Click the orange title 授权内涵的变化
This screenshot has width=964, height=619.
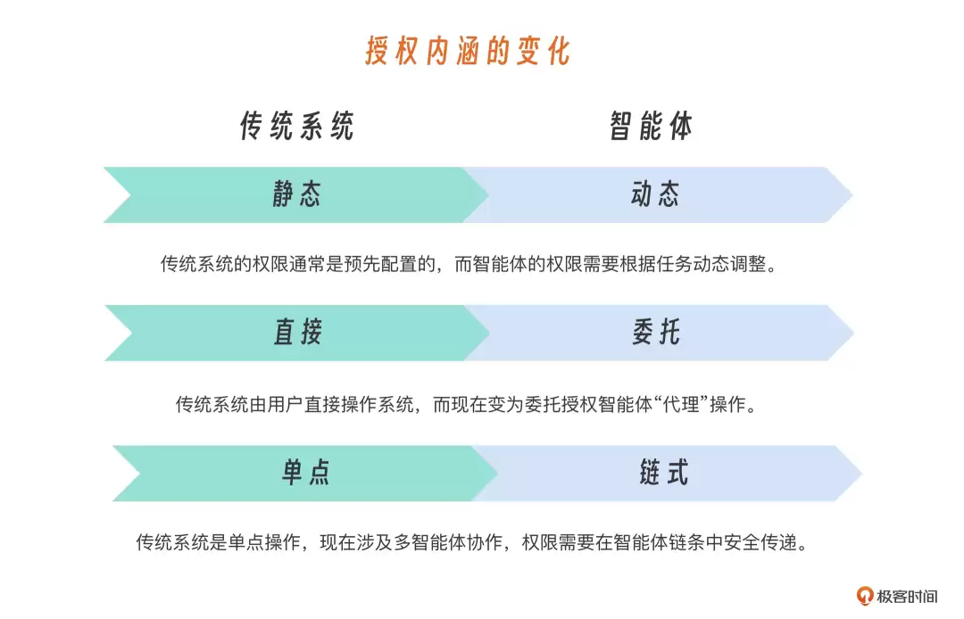[468, 50]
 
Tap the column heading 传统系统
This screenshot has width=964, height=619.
[297, 127]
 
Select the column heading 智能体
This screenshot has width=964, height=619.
[651, 127]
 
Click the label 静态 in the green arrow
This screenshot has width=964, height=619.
[297, 194]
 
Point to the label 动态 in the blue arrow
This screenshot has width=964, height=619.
[655, 194]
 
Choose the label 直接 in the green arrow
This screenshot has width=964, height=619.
[298, 333]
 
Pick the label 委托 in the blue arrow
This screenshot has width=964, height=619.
[656, 333]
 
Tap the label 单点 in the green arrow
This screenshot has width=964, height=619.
[306, 473]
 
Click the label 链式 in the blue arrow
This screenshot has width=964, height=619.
[664, 473]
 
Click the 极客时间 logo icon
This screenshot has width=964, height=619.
[865, 596]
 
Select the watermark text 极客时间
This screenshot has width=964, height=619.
[908, 597]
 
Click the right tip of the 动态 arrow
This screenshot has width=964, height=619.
[852, 195]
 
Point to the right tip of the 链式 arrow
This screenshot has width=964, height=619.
[861, 474]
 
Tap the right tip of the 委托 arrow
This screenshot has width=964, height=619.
[853, 333]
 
